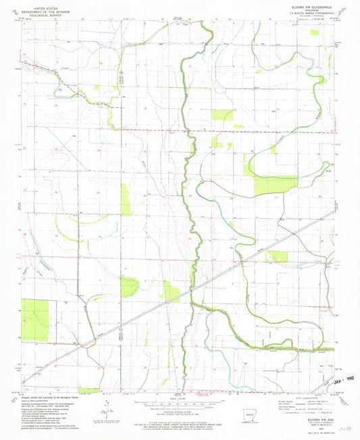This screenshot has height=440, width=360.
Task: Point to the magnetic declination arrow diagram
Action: (x=108, y=405)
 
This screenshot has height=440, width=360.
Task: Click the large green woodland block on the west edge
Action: (x=35, y=320)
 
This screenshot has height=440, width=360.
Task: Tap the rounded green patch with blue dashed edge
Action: (x=128, y=286)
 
